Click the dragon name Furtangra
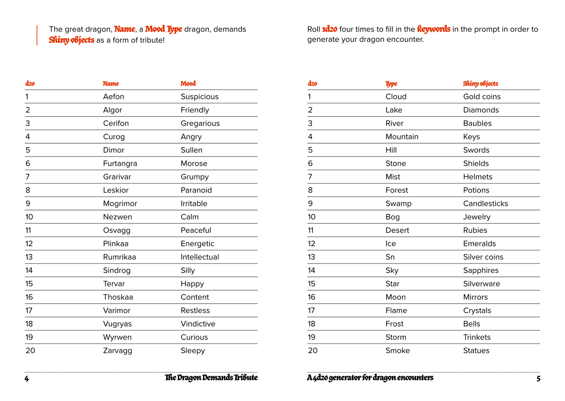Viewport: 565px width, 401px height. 120,164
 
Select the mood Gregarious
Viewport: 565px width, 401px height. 200,123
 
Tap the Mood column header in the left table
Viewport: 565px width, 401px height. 188,83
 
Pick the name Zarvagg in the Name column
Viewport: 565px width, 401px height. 117,351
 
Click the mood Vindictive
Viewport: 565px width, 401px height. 198,324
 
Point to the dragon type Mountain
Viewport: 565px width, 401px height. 402,137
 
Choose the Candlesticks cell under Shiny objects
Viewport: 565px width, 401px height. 485,203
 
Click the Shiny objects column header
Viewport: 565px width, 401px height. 480,83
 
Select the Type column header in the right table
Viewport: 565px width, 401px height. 391,83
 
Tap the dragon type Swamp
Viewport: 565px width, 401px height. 398,203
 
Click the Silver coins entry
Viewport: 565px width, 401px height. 483,257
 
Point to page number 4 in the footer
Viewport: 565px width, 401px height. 27,378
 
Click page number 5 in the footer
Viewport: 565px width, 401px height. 538,378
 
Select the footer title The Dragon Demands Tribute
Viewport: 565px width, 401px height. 211,378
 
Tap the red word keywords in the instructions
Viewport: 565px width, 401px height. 433,29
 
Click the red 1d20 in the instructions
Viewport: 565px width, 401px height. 329,29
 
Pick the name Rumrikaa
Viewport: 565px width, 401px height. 119,257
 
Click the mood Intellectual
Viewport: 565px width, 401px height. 199,257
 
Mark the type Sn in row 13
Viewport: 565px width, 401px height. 390,257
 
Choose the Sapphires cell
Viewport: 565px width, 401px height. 481,270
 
